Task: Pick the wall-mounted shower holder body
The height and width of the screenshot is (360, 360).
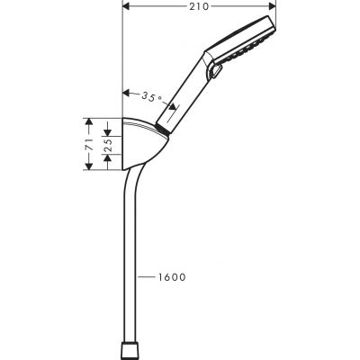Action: click(x=143, y=148)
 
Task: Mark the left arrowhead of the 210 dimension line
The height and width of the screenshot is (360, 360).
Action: click(x=124, y=8)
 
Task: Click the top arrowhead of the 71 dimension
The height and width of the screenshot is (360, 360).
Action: click(x=89, y=121)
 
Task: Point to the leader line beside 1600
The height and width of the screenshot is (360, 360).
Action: click(x=145, y=277)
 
